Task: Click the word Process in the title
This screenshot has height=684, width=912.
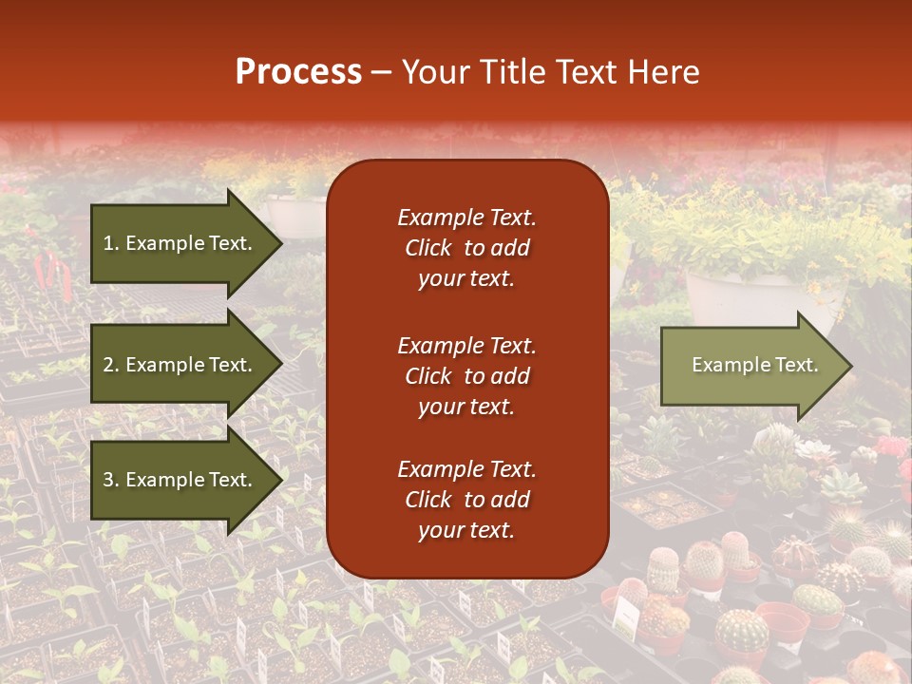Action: click(x=298, y=72)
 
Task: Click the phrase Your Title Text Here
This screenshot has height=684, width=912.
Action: click(x=551, y=72)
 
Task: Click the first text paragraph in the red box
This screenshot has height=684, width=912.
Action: click(x=467, y=248)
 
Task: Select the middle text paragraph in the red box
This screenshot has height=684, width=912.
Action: click(x=467, y=376)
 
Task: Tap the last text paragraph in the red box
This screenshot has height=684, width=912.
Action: click(x=467, y=500)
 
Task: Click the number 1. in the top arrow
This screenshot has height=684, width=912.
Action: click(x=111, y=243)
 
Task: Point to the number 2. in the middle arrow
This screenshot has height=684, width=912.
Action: click(x=111, y=365)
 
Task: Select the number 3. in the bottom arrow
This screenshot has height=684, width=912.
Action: click(x=111, y=480)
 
